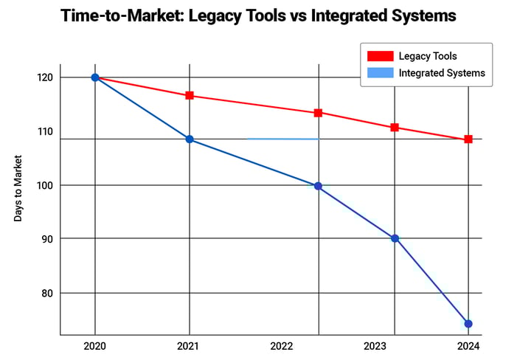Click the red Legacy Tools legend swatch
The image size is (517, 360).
click(380, 56)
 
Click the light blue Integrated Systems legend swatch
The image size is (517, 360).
click(380, 73)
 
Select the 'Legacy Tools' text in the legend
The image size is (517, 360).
click(428, 56)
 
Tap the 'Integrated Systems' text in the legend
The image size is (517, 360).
click(441, 73)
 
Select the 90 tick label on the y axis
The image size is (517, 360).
click(47, 239)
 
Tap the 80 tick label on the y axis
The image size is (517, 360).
click(47, 293)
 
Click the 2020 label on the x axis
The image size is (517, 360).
click(95, 346)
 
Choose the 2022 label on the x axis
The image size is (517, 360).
click(282, 346)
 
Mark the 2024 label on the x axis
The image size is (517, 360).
click(468, 346)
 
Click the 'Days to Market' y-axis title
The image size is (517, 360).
click(18, 188)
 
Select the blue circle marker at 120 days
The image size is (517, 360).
click(95, 77)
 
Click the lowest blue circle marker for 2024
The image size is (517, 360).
click(468, 323)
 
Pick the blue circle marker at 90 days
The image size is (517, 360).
click(395, 238)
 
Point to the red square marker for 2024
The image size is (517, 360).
click(468, 139)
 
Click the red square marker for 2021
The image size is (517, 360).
click(190, 95)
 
